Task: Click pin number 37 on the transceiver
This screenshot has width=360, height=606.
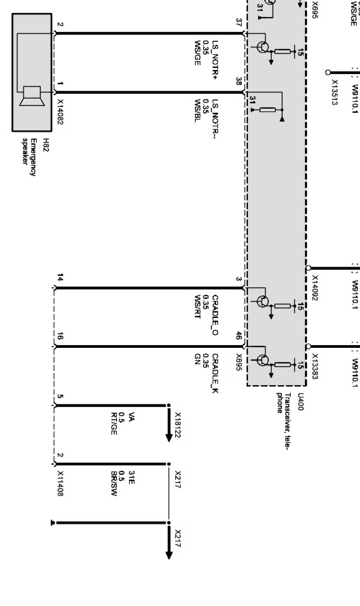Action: pyautogui.click(x=239, y=22)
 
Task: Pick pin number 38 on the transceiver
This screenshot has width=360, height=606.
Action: pyautogui.click(x=239, y=81)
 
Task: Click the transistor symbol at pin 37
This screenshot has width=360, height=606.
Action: pyautogui.click(x=263, y=47)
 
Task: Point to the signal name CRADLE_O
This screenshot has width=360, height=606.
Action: pyautogui.click(x=215, y=315)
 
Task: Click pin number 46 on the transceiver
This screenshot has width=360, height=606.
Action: pyautogui.click(x=239, y=336)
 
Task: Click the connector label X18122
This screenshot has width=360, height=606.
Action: pyautogui.click(x=178, y=425)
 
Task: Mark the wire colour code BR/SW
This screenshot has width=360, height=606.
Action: pyautogui.click(x=113, y=484)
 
